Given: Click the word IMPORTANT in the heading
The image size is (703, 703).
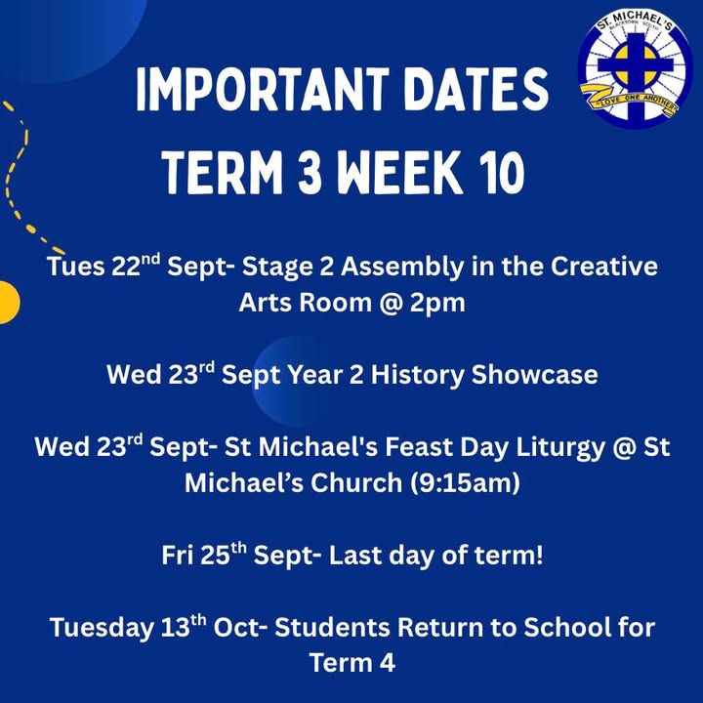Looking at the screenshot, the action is click(x=262, y=90).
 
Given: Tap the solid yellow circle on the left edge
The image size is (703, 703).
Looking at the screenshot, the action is click(x=8, y=302).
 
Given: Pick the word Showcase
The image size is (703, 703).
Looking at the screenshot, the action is click(x=534, y=374).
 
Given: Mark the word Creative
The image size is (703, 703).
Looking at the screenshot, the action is click(x=604, y=267).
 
